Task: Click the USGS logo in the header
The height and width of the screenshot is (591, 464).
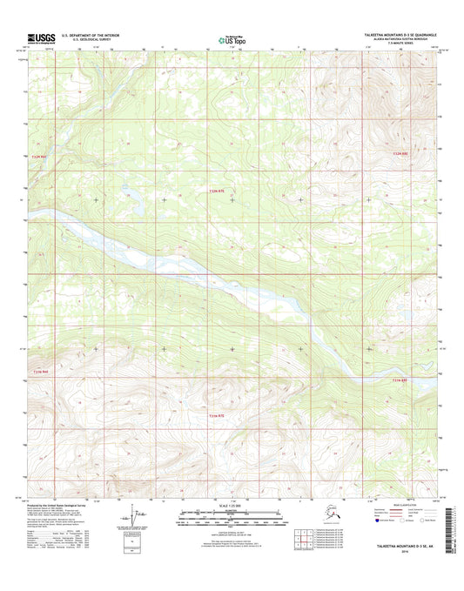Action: pyautogui.click(x=40, y=37)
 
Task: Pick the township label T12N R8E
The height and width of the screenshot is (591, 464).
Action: pyautogui.click(x=399, y=154)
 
